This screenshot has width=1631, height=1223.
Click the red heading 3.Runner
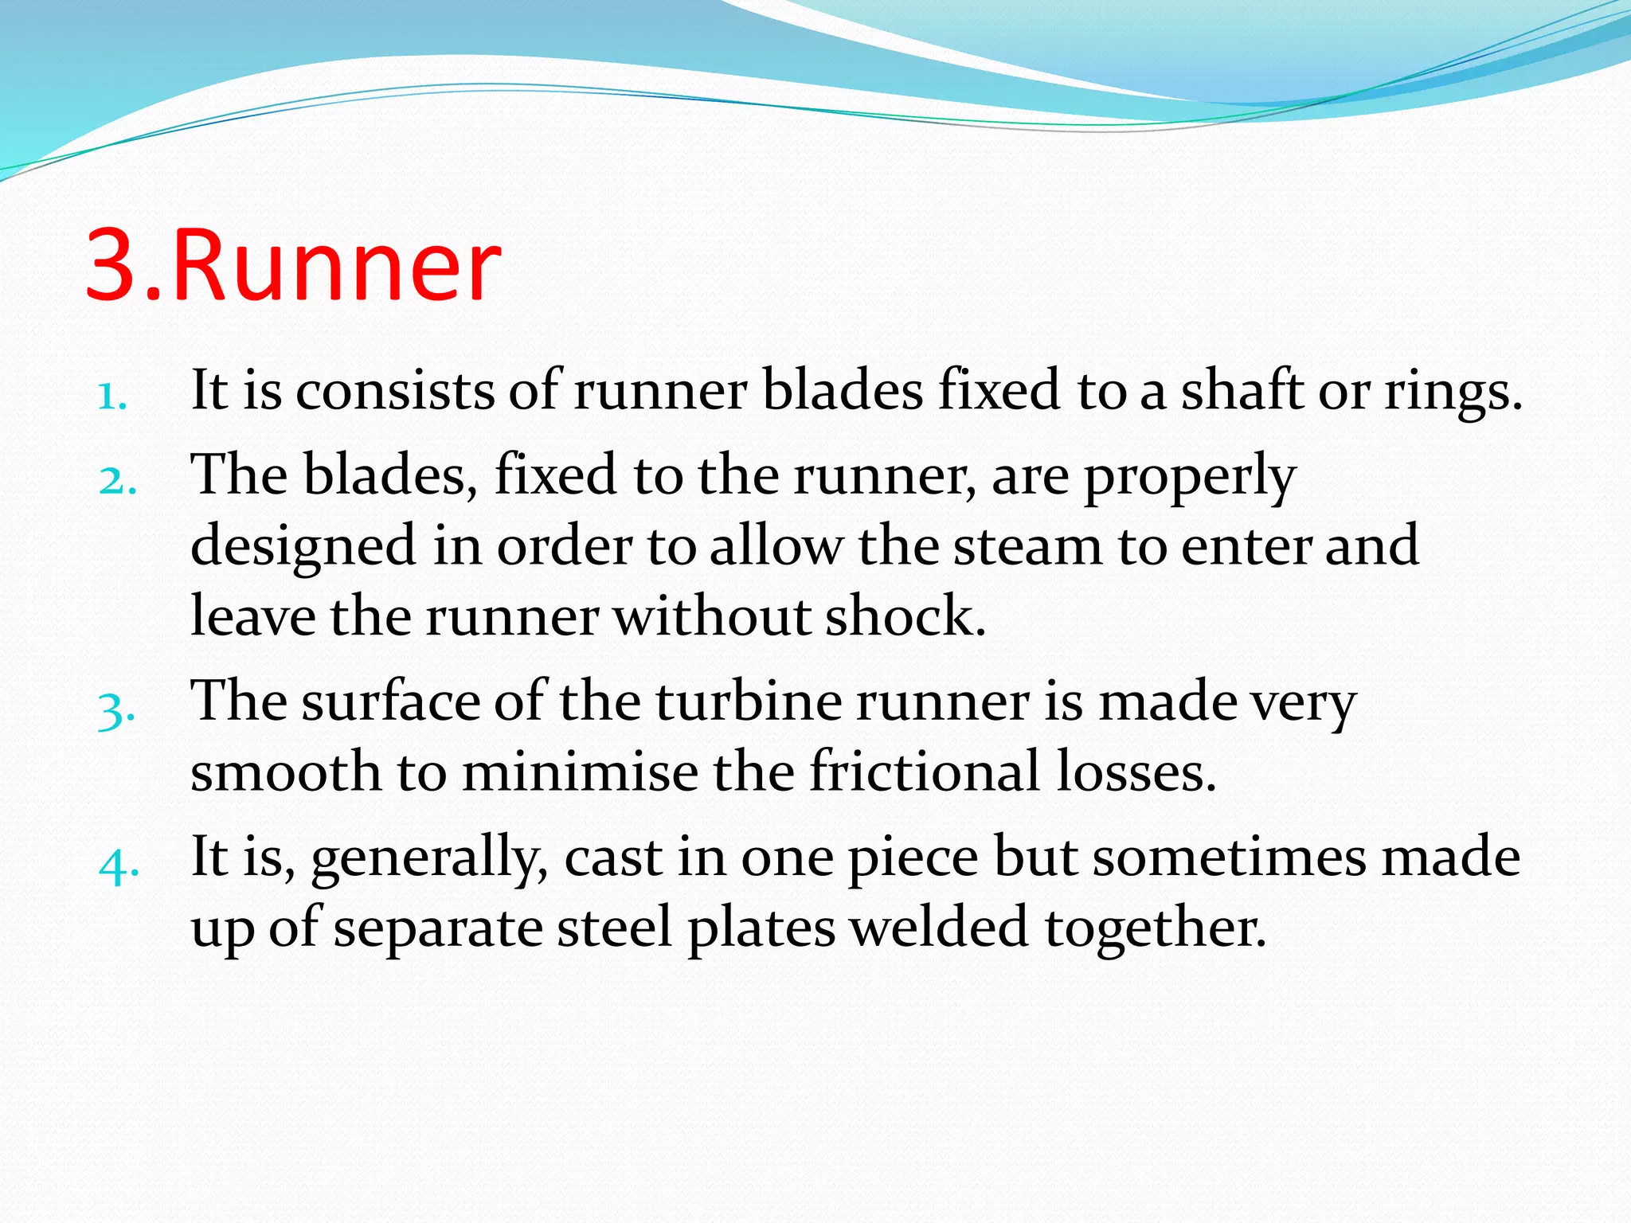293,265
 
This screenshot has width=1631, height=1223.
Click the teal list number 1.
112,396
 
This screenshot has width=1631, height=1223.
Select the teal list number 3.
116,709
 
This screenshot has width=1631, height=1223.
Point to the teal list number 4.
119,865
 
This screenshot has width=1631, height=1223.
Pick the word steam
1028,546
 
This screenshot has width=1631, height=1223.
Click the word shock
905,616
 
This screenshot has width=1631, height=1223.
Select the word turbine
748,701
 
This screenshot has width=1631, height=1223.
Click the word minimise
580,772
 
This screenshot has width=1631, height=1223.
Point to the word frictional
925,771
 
